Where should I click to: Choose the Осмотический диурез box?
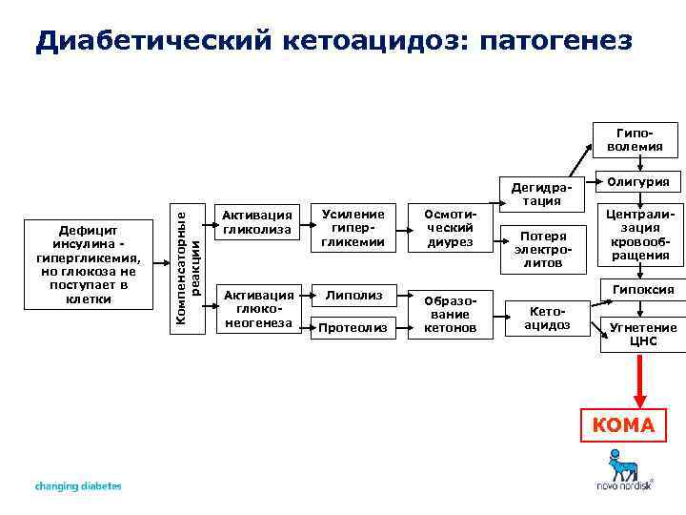coord(449,229)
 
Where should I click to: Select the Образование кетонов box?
coord(449,314)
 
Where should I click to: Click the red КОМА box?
coord(624,425)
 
